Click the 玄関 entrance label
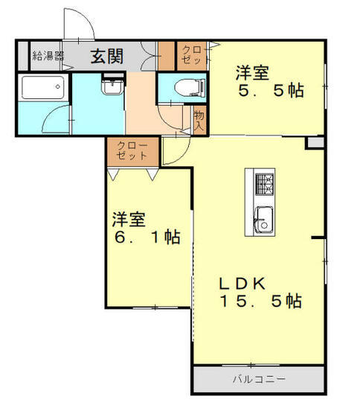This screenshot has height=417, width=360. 107,55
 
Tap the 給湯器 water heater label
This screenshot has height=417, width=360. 47,55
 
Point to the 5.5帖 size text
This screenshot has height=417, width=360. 270,91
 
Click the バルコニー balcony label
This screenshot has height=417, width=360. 259,379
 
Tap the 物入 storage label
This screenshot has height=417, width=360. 199,121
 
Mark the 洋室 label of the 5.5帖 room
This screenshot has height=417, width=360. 253,72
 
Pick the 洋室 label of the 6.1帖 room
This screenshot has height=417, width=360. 129,220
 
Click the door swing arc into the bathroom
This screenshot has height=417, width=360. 56,119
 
